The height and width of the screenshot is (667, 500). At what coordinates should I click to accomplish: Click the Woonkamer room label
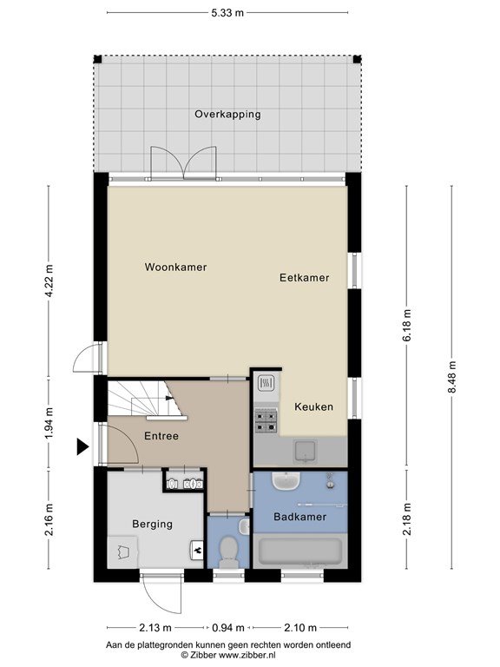click(x=175, y=267)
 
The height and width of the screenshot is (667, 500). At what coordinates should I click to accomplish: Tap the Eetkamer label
click(x=305, y=278)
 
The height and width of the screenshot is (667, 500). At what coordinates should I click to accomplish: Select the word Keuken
click(x=313, y=406)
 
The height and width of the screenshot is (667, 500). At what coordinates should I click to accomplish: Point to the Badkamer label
click(x=300, y=517)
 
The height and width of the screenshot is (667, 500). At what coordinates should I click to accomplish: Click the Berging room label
click(x=152, y=524)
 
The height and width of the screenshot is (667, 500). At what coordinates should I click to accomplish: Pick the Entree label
click(x=161, y=436)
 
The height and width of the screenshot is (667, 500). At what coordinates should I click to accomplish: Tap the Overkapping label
click(x=228, y=115)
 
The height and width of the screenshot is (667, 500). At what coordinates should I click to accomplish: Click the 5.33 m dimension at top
click(x=227, y=13)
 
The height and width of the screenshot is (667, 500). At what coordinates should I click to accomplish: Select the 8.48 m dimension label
click(x=452, y=377)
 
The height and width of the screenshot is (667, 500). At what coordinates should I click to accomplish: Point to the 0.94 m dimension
click(x=228, y=627)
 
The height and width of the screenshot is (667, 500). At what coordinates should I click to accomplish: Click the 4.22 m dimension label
click(x=49, y=281)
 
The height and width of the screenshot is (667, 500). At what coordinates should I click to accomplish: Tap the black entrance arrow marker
click(x=82, y=446)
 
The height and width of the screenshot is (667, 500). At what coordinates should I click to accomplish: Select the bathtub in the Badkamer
click(x=300, y=552)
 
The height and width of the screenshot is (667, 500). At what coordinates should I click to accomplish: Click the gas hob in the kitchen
click(x=266, y=421)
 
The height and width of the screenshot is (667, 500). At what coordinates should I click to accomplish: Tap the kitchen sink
click(x=306, y=452)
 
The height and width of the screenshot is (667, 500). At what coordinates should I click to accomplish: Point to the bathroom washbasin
click(x=286, y=480)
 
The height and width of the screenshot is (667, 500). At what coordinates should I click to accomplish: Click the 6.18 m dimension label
click(x=407, y=325)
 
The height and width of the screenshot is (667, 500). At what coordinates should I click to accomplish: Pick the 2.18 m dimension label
click(x=407, y=519)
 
